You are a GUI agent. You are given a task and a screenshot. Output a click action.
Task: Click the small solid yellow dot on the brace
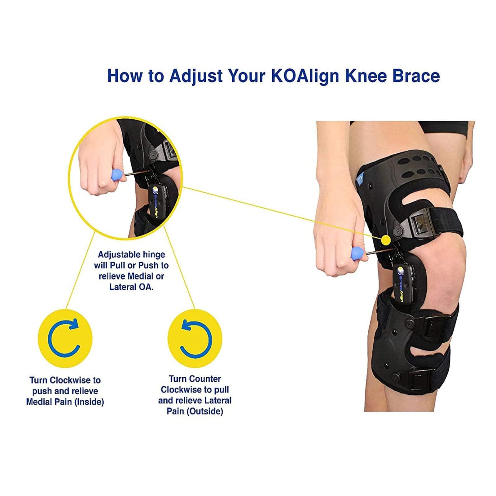[386, 239]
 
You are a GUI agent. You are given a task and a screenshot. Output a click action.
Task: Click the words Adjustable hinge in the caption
[131, 255]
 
